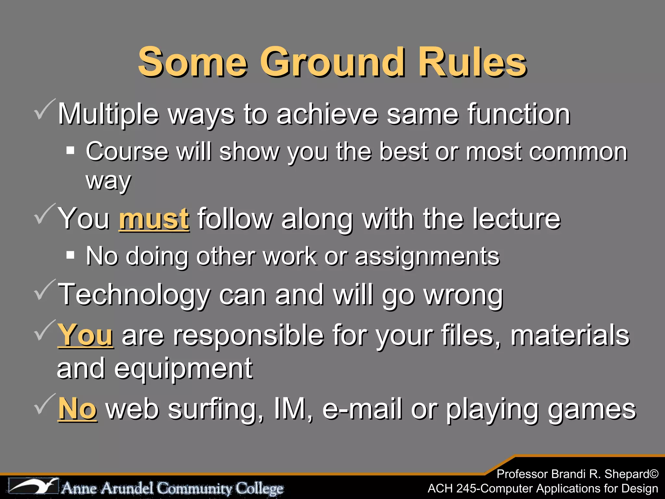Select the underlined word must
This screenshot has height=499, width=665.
tap(154, 219)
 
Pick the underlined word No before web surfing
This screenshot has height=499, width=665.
tap(77, 408)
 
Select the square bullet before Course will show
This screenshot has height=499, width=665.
tap(70, 151)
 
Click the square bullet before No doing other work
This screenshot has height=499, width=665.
tap(70, 255)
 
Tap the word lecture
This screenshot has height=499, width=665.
tap(516, 219)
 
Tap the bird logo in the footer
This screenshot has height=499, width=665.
tap(34, 486)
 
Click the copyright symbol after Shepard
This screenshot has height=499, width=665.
tap(654, 474)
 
